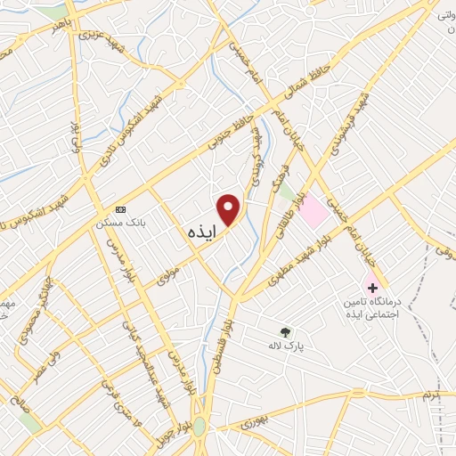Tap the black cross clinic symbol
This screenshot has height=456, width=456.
pos(371,288)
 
